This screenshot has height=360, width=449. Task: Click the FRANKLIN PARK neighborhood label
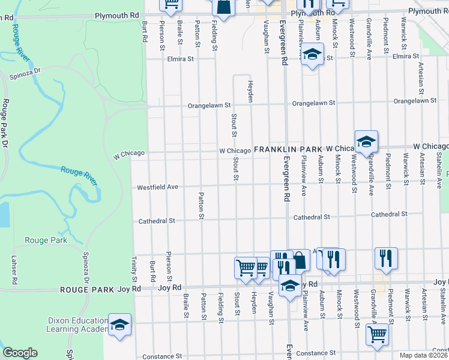pyautogui.click(x=288, y=148)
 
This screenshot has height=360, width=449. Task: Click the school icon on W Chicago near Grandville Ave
pyautogui.click(x=366, y=142)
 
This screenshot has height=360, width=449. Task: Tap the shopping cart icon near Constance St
pyautogui.click(x=378, y=335)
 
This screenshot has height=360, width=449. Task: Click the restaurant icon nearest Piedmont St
pyautogui.click(x=386, y=259)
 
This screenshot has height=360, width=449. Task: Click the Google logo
pyautogui.click(x=20, y=353)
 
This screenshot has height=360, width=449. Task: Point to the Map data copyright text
pyautogui.click(x=424, y=355)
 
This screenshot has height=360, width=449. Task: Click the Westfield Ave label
pyautogui.click(x=158, y=187)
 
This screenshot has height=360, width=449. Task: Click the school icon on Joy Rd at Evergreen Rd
pyautogui.click(x=290, y=286)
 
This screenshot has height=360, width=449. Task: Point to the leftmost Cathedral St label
pyautogui.click(x=156, y=221)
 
